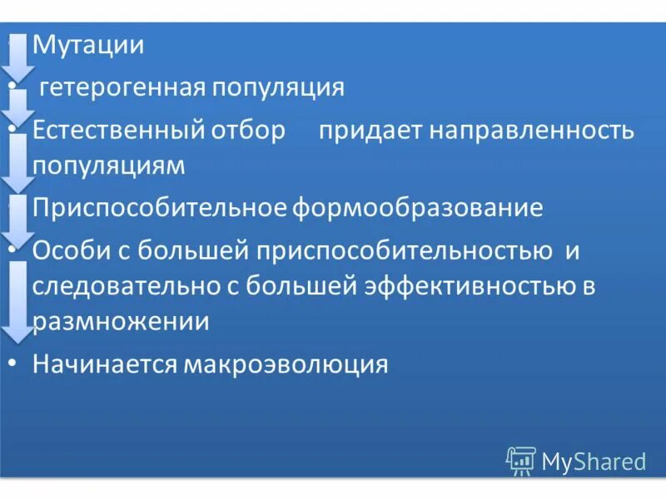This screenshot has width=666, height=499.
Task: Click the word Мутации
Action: pyautogui.click(x=88, y=45)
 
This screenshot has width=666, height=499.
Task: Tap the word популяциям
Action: pyautogui.click(x=108, y=165)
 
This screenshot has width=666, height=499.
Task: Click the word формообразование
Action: pyautogui.click(x=417, y=208)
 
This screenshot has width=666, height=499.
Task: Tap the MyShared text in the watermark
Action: pyautogui.click(x=594, y=461)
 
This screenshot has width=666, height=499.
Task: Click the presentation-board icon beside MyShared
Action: pyautogui.click(x=521, y=460)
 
